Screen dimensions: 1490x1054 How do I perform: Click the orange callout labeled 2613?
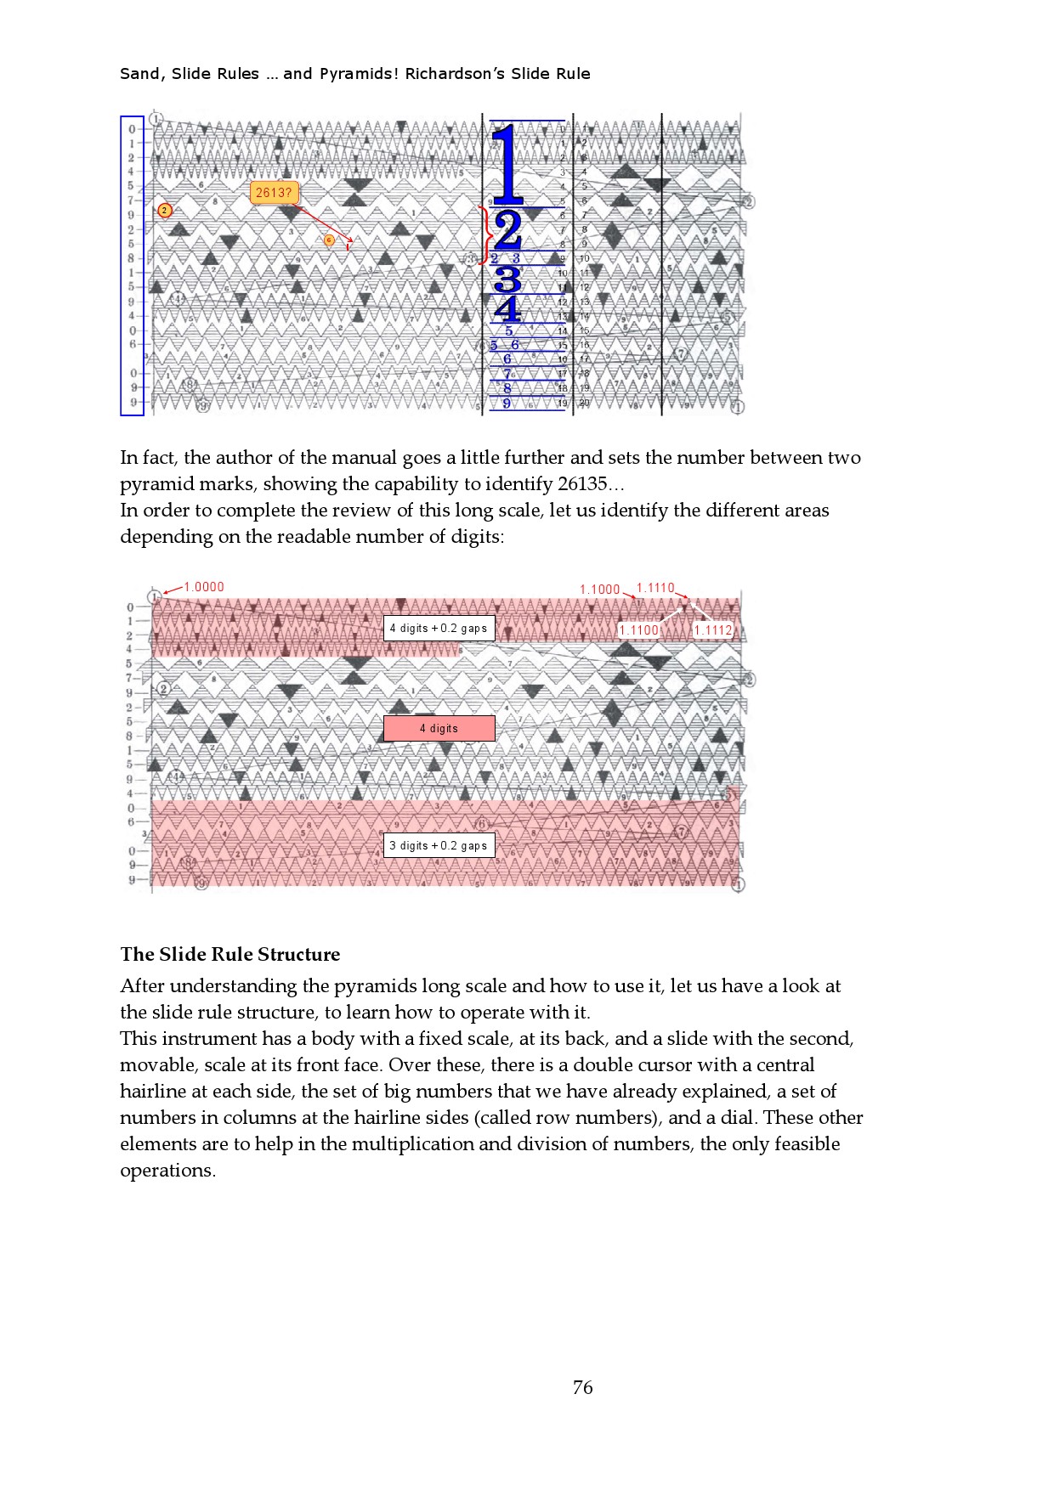[274, 193]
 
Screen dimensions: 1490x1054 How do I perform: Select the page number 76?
[582, 1387]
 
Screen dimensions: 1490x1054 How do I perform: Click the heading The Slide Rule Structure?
[229, 954]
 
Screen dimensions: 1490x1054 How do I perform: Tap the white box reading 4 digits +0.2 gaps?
[439, 628]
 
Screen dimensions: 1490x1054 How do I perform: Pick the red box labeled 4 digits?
[439, 728]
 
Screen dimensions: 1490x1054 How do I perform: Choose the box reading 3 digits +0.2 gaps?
[439, 845]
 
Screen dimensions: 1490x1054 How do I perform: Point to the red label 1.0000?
[204, 587]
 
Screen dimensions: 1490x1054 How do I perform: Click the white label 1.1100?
[638, 629]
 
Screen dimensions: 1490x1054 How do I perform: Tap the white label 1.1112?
[712, 629]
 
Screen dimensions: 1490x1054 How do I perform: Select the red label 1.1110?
[654, 588]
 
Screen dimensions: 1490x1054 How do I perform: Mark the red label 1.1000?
[600, 590]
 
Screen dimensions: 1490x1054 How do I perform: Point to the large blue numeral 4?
[507, 309]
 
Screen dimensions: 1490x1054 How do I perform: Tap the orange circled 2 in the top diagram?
[165, 210]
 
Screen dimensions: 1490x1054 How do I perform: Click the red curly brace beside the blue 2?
[485, 234]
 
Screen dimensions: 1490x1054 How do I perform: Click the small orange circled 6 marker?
[329, 240]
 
